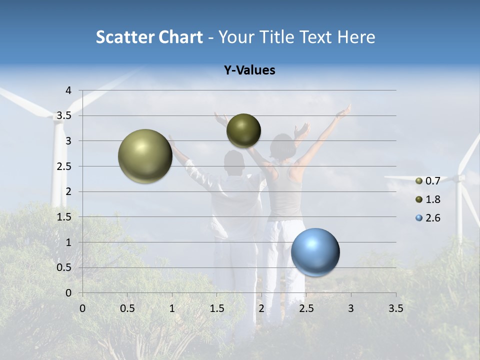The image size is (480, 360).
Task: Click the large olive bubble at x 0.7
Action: (x=145, y=156)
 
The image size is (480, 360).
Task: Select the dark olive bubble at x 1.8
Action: (x=243, y=130)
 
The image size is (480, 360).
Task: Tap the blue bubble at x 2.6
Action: (x=315, y=252)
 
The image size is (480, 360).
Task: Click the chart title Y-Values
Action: (x=249, y=70)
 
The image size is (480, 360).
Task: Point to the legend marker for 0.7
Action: (x=419, y=181)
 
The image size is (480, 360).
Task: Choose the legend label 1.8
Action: (x=432, y=199)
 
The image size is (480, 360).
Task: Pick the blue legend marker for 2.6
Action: (x=419, y=218)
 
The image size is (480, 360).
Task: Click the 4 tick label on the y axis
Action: (x=68, y=90)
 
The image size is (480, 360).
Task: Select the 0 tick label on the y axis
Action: (x=68, y=293)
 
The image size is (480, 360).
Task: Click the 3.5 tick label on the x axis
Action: (x=395, y=308)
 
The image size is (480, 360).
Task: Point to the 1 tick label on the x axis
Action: (x=172, y=308)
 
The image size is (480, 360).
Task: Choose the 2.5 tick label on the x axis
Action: (x=306, y=308)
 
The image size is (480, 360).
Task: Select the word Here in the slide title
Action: (x=357, y=37)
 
